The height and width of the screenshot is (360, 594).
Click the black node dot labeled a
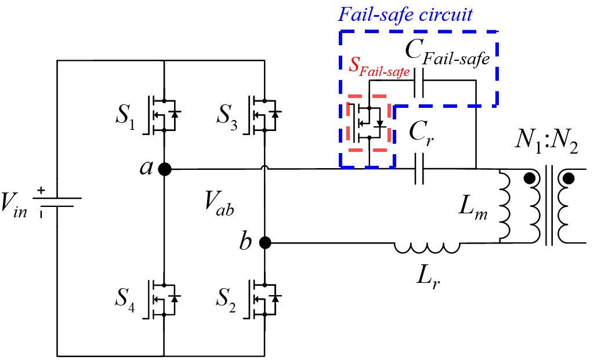(x=165, y=169)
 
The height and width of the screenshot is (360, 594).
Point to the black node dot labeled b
(x=265, y=243)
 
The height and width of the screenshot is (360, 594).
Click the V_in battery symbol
(x=56, y=200)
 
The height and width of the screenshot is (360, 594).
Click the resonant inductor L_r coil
(x=428, y=248)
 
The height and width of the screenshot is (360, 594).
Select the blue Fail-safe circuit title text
(x=406, y=14)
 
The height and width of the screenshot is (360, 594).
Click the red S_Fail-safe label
(x=379, y=67)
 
